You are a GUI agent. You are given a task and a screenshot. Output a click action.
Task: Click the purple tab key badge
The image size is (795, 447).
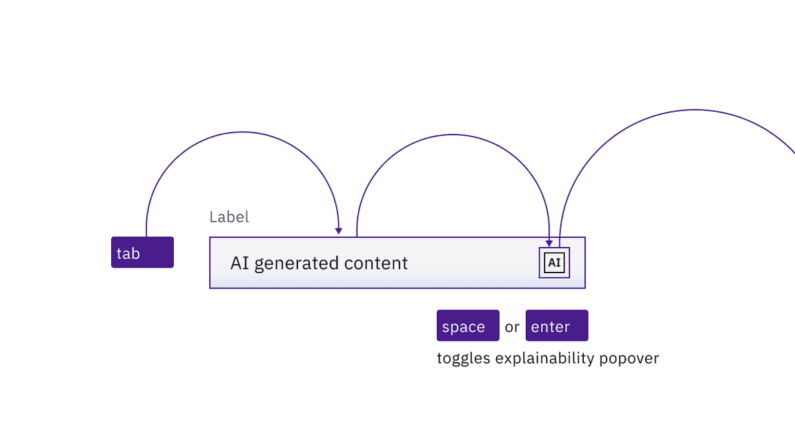142,252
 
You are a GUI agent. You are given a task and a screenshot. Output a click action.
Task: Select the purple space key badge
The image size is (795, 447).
468,326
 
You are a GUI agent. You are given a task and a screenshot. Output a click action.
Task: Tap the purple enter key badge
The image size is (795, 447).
557,326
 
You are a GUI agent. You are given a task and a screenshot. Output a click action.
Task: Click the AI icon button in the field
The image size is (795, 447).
554,263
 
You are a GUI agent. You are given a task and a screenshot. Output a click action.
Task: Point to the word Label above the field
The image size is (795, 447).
229,217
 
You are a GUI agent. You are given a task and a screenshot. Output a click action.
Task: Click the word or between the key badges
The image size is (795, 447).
512,327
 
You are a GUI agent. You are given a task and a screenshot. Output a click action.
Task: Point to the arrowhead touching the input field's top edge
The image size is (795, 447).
339,231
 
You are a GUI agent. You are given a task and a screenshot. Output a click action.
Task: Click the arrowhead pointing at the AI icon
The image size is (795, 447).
549,243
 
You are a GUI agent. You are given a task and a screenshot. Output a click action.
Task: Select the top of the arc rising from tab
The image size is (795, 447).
242,132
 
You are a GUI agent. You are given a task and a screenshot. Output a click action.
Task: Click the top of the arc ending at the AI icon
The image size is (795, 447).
453,135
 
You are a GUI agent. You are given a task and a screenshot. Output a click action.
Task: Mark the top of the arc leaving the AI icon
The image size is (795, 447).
694,110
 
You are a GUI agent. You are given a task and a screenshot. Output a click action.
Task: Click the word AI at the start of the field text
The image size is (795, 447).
239,264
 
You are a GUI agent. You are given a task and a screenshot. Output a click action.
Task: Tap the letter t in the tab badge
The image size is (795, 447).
119,253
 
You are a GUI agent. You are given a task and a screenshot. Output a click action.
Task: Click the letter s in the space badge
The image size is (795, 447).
446,327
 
